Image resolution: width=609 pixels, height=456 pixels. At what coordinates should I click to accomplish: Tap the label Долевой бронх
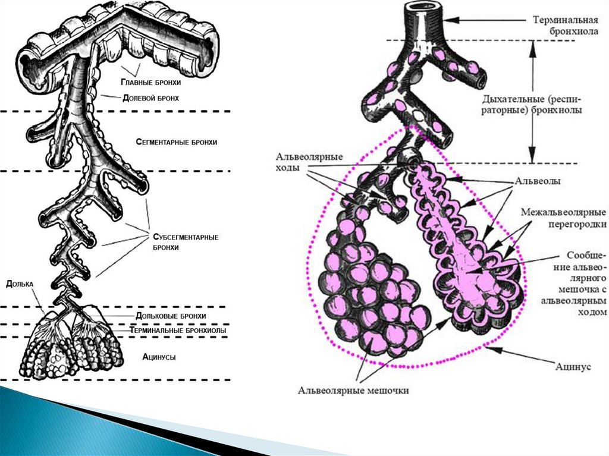pos(150,97)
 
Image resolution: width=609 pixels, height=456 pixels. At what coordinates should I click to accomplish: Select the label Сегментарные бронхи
pos(176,143)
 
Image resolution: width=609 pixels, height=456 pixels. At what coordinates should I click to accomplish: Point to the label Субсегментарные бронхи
pos(181,242)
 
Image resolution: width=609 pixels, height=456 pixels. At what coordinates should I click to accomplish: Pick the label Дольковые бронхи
pos(171,316)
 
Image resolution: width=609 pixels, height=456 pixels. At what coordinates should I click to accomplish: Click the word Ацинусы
pos(159,357)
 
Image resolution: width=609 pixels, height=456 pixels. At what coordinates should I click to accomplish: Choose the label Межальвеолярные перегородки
pos(563,218)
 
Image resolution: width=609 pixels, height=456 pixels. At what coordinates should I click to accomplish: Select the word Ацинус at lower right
pos(573,367)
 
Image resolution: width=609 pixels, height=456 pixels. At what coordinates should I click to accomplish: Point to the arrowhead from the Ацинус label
pos(501,350)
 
